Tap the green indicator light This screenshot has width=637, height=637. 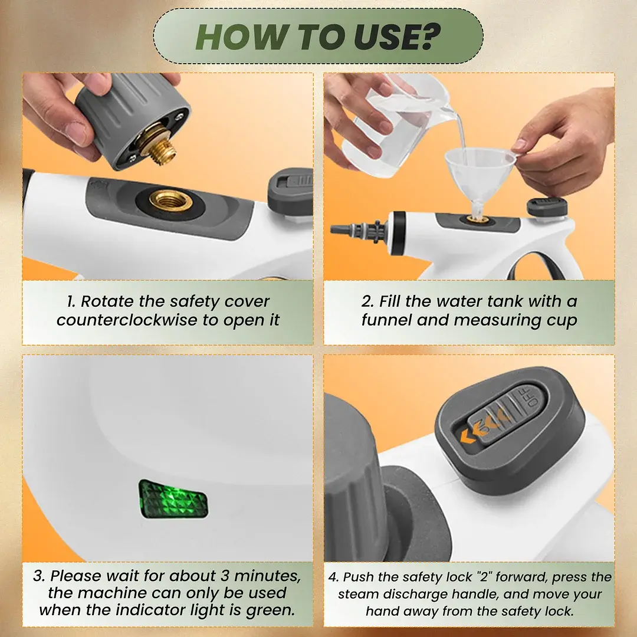(x=173, y=499)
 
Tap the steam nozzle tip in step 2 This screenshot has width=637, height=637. (x=338, y=229)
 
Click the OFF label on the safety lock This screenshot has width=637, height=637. (x=531, y=397)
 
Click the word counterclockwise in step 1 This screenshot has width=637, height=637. (x=127, y=320)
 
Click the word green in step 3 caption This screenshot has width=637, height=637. (x=270, y=610)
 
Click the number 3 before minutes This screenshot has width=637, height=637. (x=225, y=576)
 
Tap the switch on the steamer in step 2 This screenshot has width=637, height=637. (x=547, y=206)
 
